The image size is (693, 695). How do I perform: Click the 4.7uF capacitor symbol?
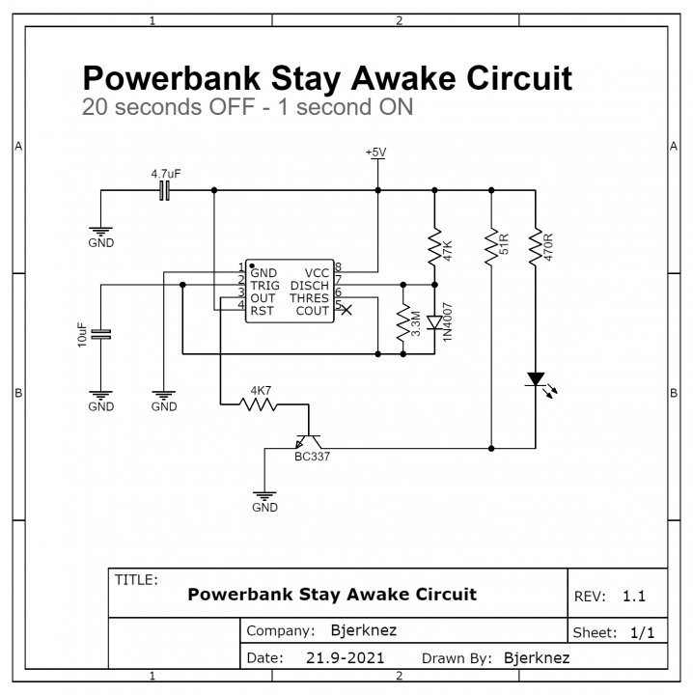coord(165,190)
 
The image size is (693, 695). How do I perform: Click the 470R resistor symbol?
coord(534,248)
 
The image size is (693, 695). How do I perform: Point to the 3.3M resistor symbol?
coord(403,323)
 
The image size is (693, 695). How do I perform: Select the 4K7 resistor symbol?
coord(259,404)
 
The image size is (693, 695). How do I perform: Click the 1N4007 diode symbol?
coord(434,321)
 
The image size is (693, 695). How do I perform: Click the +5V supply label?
coord(376,153)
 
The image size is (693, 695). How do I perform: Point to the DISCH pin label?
coord(309,286)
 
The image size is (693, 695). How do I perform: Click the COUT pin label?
coord(312,311)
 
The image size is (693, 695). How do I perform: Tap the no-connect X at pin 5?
coord(347,310)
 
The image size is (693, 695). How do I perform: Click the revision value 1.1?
coord(634,597)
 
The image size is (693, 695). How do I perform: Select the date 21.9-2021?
coord(346,658)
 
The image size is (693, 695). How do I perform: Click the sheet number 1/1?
coord(642,633)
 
